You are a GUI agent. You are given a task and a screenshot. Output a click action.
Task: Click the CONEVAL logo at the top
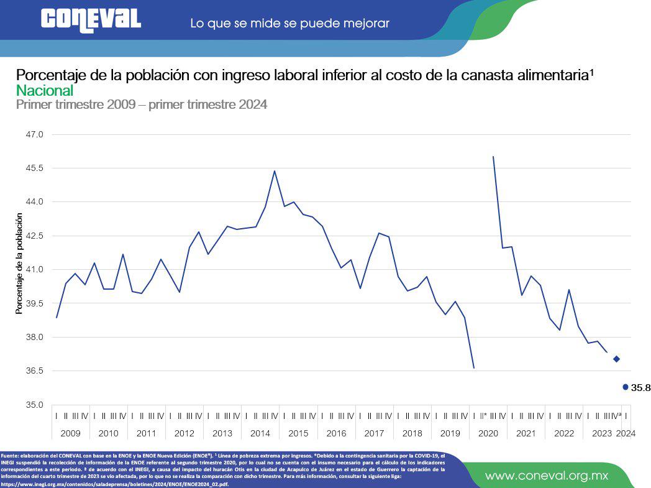[x=91, y=20]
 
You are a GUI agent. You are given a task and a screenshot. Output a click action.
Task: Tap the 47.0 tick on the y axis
[x=35, y=134]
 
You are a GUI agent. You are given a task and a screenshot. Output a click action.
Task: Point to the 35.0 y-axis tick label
[x=35, y=405]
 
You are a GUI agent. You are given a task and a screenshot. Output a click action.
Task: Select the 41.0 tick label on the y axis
[x=35, y=269]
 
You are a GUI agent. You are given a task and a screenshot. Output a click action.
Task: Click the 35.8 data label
[x=640, y=388]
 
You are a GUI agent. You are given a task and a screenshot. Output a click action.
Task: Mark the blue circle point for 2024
[x=625, y=387]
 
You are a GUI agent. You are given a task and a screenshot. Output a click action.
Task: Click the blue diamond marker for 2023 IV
[x=616, y=359]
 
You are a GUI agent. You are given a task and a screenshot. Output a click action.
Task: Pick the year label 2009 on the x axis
[x=70, y=433]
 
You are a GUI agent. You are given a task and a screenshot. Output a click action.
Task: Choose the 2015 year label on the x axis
[x=298, y=433]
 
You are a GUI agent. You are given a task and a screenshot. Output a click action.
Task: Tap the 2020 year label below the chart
[x=488, y=433]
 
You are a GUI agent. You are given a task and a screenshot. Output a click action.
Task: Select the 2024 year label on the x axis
[x=626, y=433]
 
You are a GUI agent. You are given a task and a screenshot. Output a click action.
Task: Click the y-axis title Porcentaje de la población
[x=19, y=264]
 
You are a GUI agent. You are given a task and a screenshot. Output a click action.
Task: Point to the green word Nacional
[x=45, y=91]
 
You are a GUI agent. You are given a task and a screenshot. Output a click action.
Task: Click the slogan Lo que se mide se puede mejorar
[x=289, y=24]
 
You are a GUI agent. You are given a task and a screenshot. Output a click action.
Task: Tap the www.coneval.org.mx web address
[x=547, y=476]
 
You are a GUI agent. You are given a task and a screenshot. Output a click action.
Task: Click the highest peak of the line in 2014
[x=275, y=171]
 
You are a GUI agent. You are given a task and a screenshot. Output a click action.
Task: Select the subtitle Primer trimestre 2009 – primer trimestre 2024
[x=142, y=104]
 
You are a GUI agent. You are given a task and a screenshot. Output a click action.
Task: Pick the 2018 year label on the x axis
[x=412, y=433]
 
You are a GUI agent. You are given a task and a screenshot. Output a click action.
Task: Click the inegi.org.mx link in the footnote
[x=115, y=484]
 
